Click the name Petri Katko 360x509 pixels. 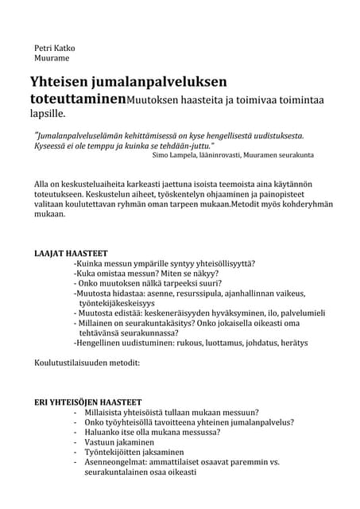pos(53,47)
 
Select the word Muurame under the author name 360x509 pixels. pos(52,58)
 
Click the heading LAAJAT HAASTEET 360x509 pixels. pos(71,253)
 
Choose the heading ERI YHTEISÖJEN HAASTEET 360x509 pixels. pos(87,402)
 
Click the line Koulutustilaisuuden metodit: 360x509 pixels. pos(87,363)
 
